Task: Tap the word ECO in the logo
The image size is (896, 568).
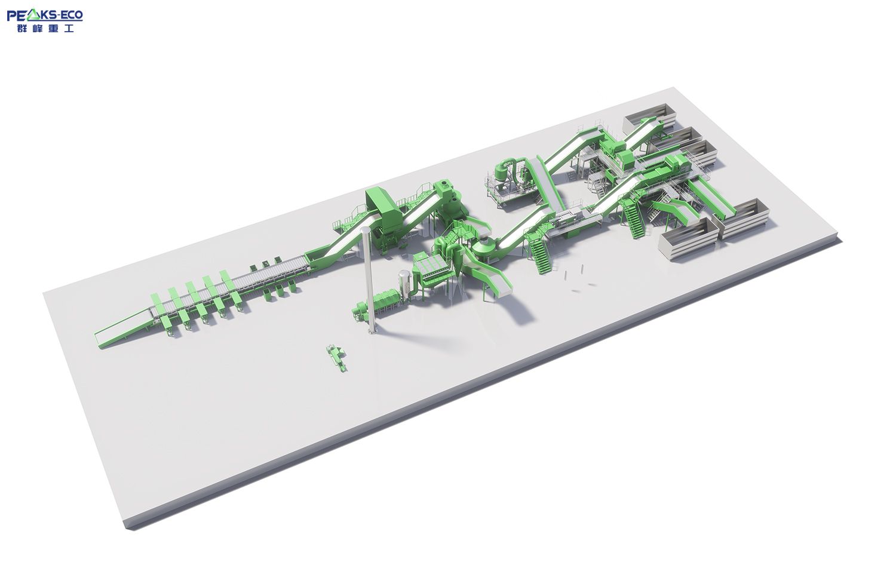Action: [72, 15]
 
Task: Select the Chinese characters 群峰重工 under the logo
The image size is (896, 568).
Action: [45, 29]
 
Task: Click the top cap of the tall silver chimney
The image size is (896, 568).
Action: [365, 229]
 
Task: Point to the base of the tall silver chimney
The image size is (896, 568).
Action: [372, 331]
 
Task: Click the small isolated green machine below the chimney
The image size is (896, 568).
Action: [336, 358]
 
